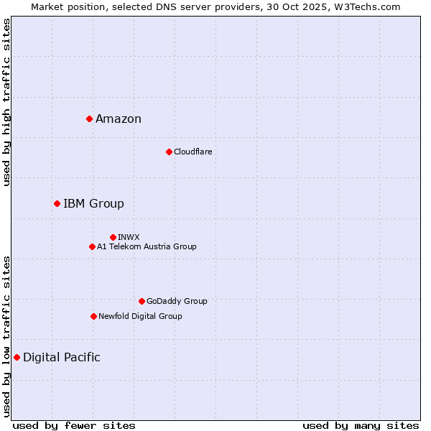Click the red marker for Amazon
(89, 119)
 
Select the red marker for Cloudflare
(169, 152)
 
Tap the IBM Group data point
(57, 203)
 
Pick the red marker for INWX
(113, 237)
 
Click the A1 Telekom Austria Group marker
(92, 246)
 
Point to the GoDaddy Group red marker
(142, 301)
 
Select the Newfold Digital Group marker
(93, 316)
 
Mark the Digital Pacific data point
(17, 357)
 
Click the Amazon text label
(119, 119)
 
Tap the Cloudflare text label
(193, 152)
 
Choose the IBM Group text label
(93, 204)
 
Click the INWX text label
(129, 237)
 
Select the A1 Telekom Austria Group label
(147, 246)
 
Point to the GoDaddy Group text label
(177, 301)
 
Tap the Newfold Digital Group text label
(140, 316)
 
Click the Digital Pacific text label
(62, 358)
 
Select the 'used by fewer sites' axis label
(74, 425)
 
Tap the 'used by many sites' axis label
(361, 425)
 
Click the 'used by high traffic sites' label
(6, 102)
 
